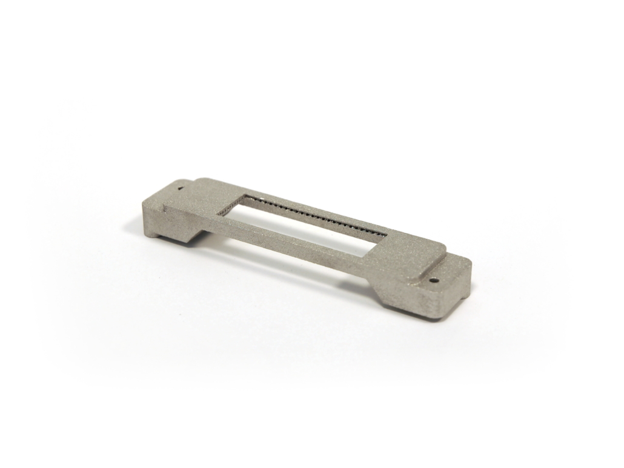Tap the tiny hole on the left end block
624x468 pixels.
pyautogui.click(x=180, y=188)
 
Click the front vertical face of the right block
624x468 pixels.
pyautogui.click(x=418, y=306)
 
